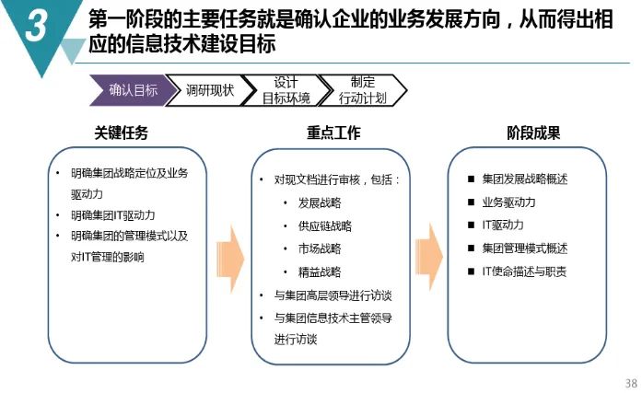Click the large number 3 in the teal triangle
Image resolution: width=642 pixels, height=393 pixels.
[x=37, y=26]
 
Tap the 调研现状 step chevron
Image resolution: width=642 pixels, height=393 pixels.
[x=210, y=90]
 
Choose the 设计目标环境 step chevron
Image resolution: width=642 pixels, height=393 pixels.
[x=286, y=90]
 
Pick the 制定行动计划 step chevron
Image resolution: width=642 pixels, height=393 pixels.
[x=363, y=90]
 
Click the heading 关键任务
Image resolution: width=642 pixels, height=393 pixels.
[x=122, y=133]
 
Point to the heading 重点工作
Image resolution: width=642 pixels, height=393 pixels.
[x=333, y=133]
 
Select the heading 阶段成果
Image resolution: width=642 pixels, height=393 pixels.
[x=533, y=133]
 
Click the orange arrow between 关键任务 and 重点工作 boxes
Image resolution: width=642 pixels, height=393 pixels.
[x=230, y=259]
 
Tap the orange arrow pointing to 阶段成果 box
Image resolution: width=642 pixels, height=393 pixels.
[x=429, y=257]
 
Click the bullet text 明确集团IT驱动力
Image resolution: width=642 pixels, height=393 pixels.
[x=113, y=215]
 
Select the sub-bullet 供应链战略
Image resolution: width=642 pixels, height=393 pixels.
[x=325, y=226]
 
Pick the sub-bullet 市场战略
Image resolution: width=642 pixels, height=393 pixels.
[x=320, y=249]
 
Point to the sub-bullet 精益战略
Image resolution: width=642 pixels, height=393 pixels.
[x=320, y=272]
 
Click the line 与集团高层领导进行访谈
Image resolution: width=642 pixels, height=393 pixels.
[x=333, y=295]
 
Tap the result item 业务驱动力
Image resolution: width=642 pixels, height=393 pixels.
[x=508, y=202]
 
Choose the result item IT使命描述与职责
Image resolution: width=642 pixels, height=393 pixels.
[x=524, y=272]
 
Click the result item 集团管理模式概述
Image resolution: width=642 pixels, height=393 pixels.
[x=524, y=249]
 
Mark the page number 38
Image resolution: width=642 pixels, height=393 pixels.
[x=631, y=383]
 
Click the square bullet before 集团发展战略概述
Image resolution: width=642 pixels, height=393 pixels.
[x=472, y=179]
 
